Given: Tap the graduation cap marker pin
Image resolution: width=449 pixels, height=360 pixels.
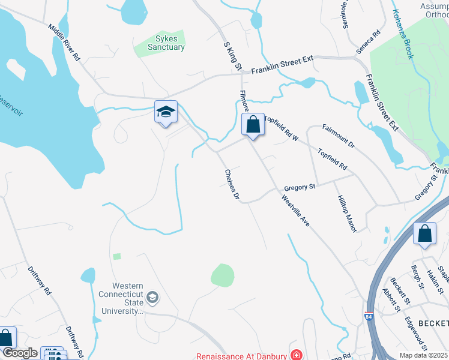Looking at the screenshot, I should [166, 113].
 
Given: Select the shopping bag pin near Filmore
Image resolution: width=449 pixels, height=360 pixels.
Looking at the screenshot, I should [253, 125].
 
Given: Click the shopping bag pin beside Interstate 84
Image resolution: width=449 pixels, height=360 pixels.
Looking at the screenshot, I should [424, 235].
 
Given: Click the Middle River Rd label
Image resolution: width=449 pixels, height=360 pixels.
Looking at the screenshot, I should [64, 43].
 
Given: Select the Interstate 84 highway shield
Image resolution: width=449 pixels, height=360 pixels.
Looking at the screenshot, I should [367, 315].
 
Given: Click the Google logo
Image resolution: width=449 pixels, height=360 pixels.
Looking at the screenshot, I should [19, 353].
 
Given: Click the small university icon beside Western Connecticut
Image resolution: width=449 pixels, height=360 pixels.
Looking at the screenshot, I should [152, 297].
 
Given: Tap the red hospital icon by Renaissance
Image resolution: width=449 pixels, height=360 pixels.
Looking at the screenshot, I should [296, 355].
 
